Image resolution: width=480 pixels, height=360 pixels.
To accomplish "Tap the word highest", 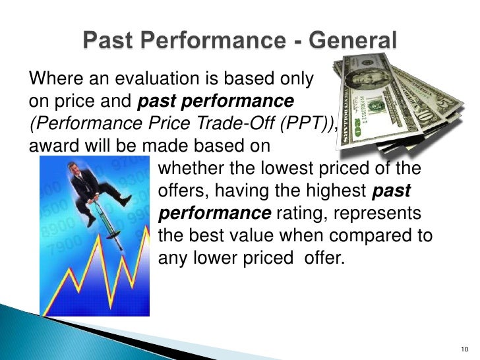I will point(334,191).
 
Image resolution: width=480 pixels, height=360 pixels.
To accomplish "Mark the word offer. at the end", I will point(324,256).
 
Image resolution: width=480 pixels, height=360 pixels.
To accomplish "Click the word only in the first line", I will point(295,80).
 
